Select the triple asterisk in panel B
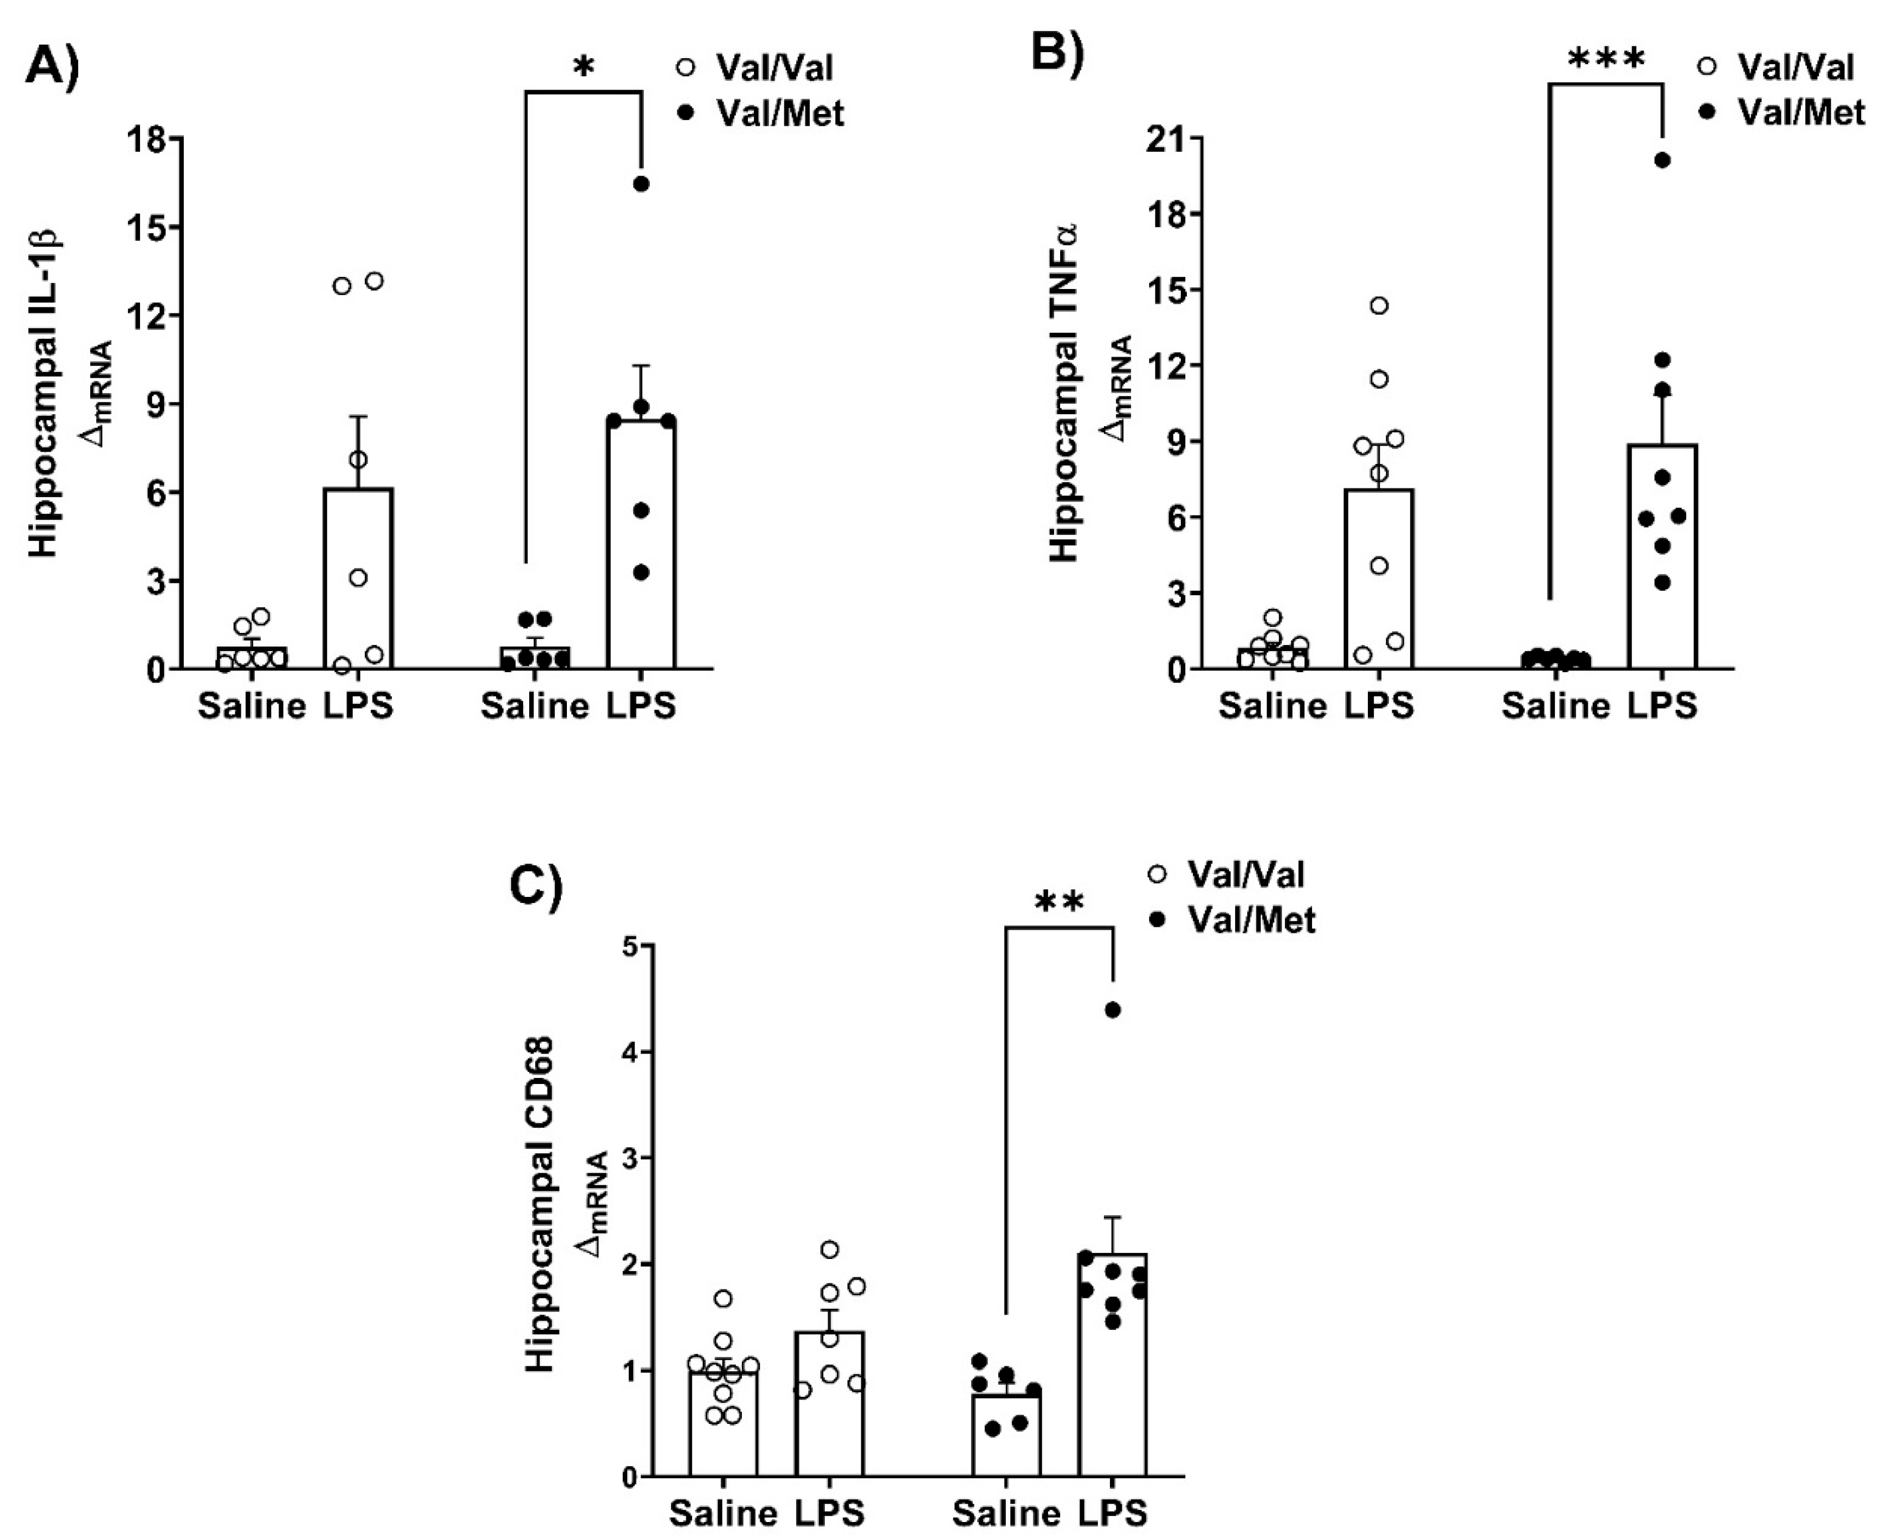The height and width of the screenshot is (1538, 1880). coord(1605,60)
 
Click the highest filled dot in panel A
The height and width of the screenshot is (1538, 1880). coord(641,183)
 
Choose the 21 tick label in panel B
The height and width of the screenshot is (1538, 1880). coord(1167,139)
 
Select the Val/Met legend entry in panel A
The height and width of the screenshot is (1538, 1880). coord(779,113)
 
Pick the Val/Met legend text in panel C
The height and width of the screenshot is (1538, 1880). coord(1251,921)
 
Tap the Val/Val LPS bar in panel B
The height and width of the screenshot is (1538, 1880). coord(1378,585)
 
